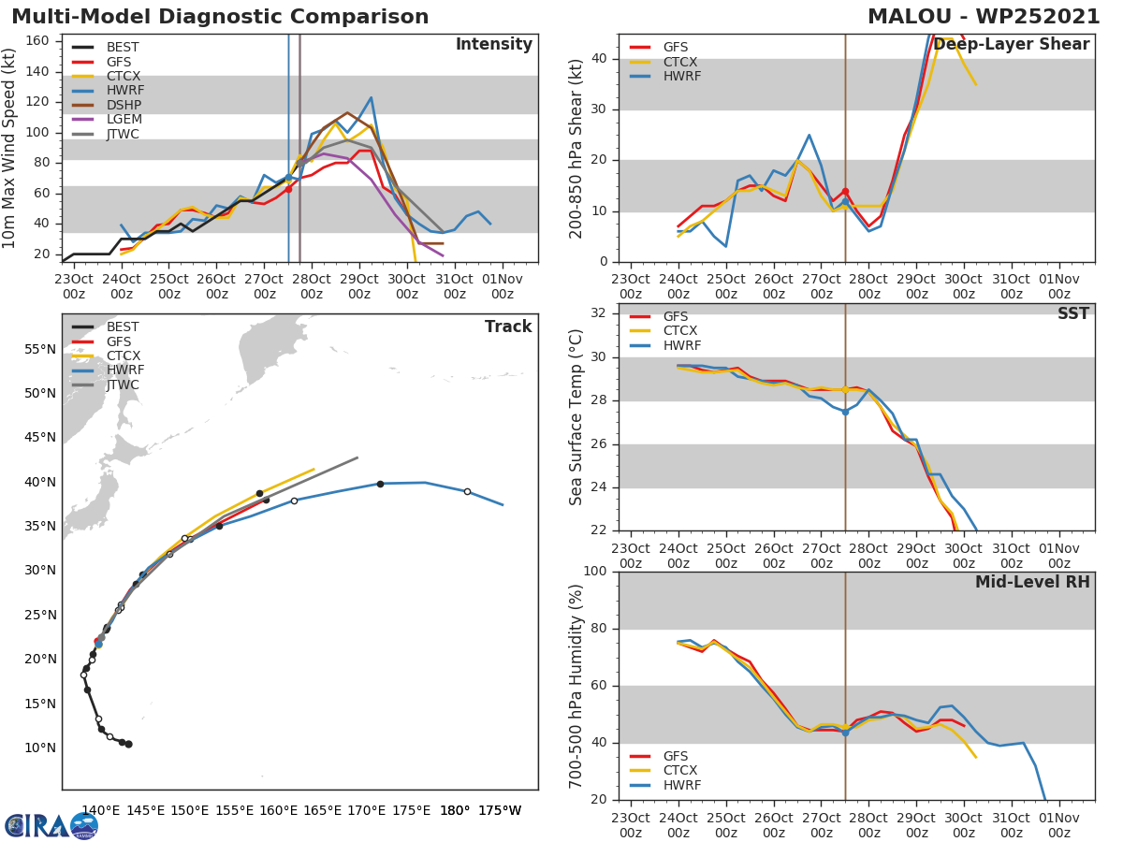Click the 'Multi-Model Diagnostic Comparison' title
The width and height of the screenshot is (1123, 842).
220,17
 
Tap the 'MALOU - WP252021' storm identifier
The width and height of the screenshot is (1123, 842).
984,17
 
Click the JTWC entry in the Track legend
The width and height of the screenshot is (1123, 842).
122,385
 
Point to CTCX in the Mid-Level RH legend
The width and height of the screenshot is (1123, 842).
681,771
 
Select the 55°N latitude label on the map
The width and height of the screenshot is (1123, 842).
39,350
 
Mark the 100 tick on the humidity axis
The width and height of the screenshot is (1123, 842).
594,572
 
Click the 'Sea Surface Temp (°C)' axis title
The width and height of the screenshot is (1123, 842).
576,417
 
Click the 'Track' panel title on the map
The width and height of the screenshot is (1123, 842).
508,327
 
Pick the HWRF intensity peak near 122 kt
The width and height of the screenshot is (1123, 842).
371,97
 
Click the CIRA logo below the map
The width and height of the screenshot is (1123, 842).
50,826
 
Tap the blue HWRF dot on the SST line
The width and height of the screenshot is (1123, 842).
845,412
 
